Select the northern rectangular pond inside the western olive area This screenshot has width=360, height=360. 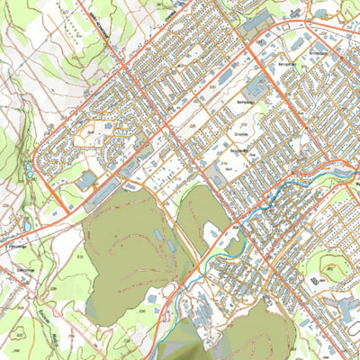coord(158,235)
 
